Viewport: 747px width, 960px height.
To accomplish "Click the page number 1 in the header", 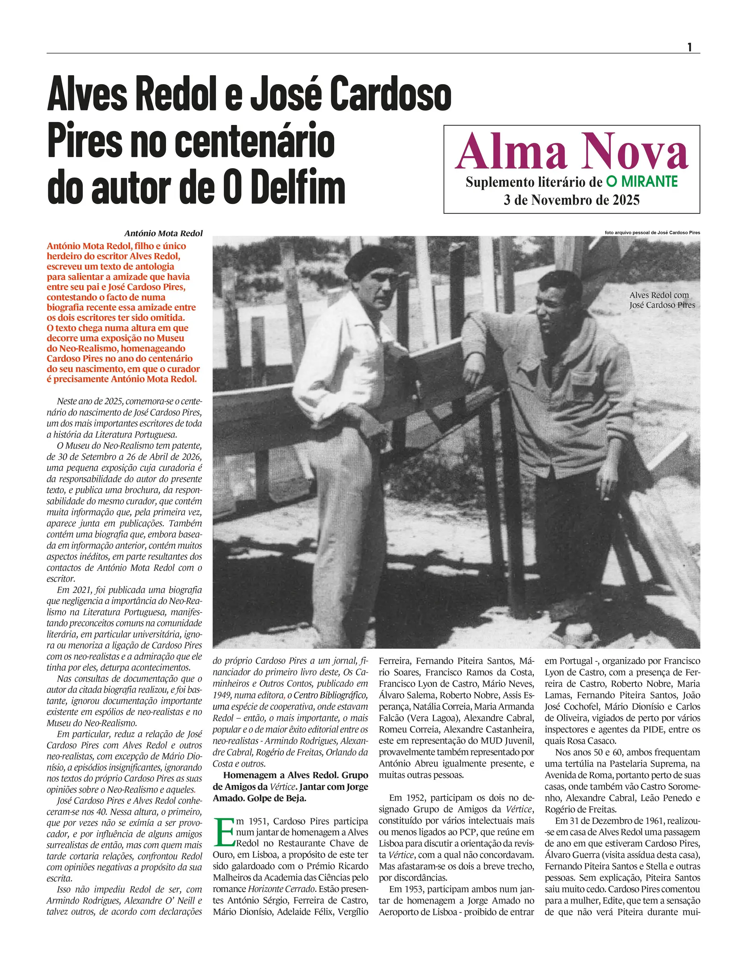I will point(689,47).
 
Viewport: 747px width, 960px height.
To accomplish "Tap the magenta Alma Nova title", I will point(571,152).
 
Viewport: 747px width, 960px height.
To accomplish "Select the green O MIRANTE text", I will point(642,181).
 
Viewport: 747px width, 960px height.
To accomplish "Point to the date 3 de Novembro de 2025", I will point(571,200).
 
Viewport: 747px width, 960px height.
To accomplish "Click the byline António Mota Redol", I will point(163,234).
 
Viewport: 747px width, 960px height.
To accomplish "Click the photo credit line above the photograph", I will point(652,232).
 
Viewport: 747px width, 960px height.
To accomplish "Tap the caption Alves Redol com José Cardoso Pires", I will point(661,300).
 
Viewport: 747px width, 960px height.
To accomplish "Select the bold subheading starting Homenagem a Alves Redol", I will point(290,786).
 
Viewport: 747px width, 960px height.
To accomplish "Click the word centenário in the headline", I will point(255,141).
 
